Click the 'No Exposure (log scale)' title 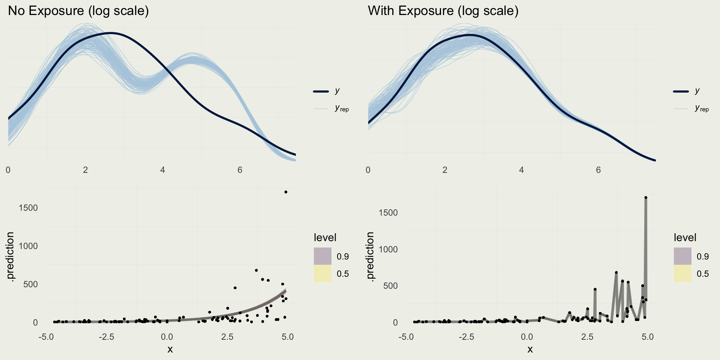tap(78, 10)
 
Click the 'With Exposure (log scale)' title tap(443, 10)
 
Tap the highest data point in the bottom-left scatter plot tap(286, 192)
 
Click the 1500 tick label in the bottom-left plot tap(28, 208)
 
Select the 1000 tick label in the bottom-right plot tap(388, 249)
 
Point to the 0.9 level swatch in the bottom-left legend tap(322, 256)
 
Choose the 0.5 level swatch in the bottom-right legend tap(682, 273)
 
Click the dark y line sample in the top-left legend tap(321, 91)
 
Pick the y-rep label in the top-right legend tap(702, 108)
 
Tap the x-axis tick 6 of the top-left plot tap(240, 170)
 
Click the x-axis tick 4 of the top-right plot tap(521, 170)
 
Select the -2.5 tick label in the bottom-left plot tap(106, 337)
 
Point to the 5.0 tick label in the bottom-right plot tap(648, 337)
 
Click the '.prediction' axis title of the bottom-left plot tap(10, 256)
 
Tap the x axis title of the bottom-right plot tap(530, 349)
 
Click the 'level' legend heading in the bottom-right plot tap(685, 237)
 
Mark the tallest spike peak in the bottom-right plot tap(646, 198)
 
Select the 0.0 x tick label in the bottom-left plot tap(167, 337)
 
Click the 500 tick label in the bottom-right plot tap(390, 286)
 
